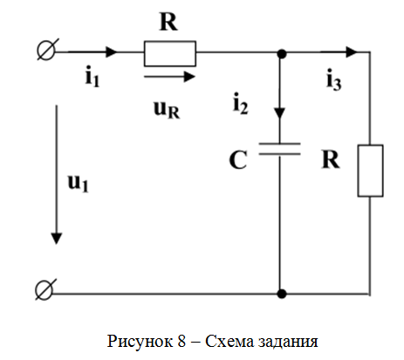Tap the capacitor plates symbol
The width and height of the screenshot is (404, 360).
[280, 148]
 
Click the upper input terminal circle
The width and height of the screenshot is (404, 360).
[46, 50]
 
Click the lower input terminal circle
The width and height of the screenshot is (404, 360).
[45, 289]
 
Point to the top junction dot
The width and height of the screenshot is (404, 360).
[282, 54]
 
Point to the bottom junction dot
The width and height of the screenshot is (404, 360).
[282, 294]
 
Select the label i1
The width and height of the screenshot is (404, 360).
[92, 78]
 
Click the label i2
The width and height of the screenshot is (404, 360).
[241, 104]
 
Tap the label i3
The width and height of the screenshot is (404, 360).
[334, 79]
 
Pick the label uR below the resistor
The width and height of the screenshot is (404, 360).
[167, 110]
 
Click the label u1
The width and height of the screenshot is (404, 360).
[78, 183]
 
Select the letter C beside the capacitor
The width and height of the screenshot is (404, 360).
[238, 160]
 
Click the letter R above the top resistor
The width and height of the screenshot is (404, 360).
[168, 22]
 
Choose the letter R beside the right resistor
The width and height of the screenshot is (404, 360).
[331, 160]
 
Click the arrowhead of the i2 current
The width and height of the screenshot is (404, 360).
[280, 113]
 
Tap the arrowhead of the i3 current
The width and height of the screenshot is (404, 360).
[352, 52]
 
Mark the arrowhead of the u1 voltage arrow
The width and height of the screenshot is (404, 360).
[57, 239]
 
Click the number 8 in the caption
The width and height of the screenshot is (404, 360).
[181, 341]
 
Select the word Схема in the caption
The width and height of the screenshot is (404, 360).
[229, 341]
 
